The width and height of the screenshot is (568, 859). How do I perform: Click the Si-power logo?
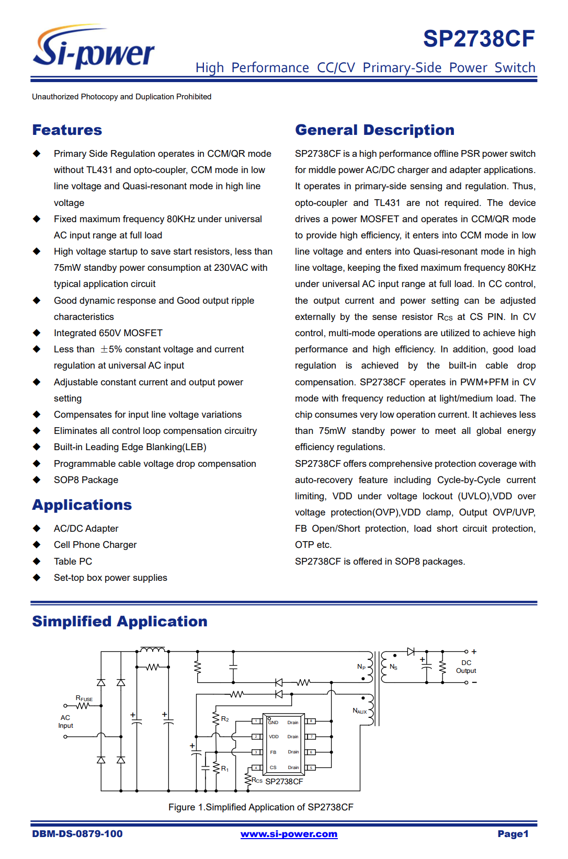(x=94, y=48)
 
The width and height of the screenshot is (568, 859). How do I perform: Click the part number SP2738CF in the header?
(x=479, y=39)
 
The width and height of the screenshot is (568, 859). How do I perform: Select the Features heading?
(x=67, y=130)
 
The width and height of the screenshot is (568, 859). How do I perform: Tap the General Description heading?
(x=374, y=130)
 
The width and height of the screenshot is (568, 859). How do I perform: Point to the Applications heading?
(x=82, y=505)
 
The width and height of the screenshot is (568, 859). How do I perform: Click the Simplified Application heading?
(x=120, y=622)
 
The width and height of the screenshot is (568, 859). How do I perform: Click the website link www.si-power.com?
(x=289, y=834)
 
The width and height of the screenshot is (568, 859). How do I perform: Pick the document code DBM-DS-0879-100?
(x=77, y=834)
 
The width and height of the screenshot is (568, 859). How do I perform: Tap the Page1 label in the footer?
(x=513, y=834)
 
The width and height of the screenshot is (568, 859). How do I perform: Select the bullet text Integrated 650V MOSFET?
(x=108, y=333)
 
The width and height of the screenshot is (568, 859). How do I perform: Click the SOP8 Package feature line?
(x=86, y=480)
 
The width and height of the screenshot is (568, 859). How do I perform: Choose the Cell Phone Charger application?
(x=95, y=545)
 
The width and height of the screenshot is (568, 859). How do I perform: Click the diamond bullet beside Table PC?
(x=37, y=561)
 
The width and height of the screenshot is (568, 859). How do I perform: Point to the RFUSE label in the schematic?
(x=84, y=698)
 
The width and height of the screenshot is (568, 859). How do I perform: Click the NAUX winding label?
(x=359, y=711)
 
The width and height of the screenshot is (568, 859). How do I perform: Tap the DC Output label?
(x=466, y=667)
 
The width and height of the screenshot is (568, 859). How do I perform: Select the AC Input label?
(x=65, y=721)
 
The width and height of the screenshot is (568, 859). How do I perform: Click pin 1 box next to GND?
(x=256, y=721)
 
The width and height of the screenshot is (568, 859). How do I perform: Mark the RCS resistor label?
(x=257, y=781)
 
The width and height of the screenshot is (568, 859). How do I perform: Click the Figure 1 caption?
(x=260, y=807)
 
